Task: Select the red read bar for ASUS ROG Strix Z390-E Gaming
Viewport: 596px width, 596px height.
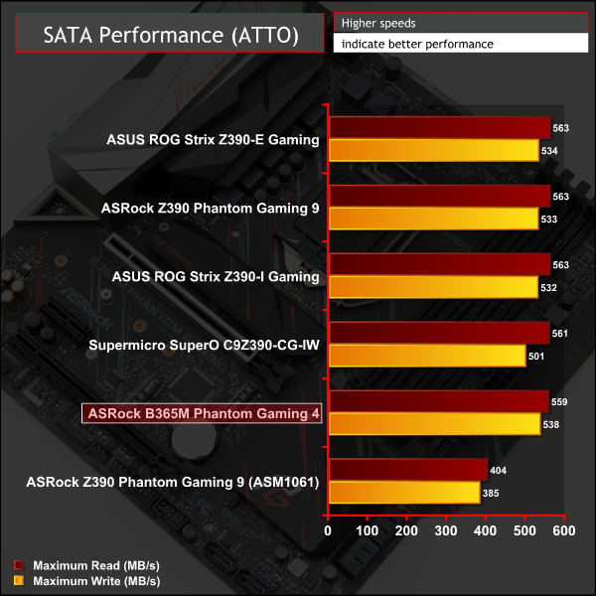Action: tap(438, 126)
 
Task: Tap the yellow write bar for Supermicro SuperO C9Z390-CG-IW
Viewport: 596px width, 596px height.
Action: tap(426, 356)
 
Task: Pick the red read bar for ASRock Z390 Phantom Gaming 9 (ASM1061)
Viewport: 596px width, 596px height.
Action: tap(407, 470)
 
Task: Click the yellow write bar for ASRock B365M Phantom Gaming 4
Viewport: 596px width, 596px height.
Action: tap(433, 424)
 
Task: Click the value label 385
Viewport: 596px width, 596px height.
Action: tap(492, 494)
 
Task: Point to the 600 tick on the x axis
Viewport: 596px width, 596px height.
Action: tap(564, 531)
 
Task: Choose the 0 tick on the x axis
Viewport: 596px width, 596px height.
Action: tap(329, 531)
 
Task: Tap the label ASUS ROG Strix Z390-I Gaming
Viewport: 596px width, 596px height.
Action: tap(213, 276)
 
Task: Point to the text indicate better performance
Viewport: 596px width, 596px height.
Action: tap(416, 44)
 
